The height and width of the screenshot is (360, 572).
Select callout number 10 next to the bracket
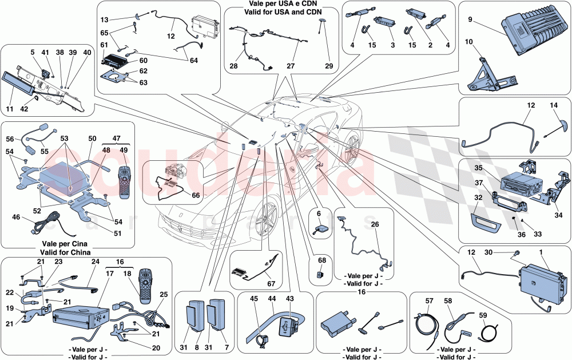(470, 42)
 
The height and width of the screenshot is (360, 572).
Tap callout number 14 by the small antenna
(554, 106)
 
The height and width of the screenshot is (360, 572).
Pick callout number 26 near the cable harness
(376, 224)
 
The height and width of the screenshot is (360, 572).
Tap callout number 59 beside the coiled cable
(483, 315)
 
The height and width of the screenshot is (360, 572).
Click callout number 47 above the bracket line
(117, 139)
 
